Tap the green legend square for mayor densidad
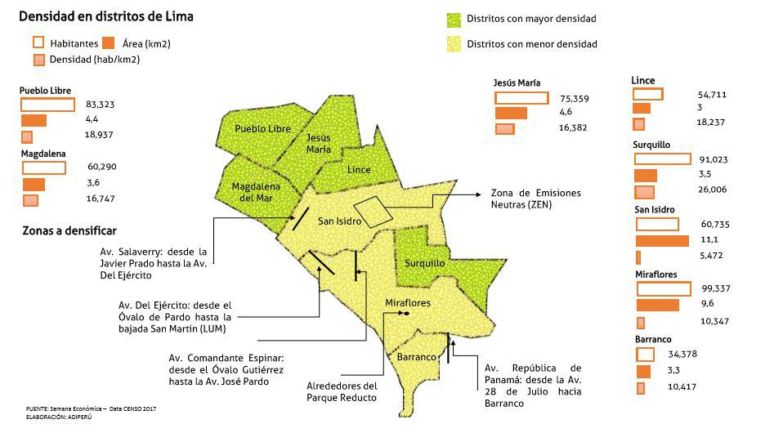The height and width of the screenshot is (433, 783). (454, 19)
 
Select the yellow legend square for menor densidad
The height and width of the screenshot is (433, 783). (454, 44)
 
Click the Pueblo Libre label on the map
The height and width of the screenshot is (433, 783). (262, 129)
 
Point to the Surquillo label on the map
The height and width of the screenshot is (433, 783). (425, 263)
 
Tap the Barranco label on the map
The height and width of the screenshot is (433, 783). (415, 357)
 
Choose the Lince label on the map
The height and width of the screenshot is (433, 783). (359, 170)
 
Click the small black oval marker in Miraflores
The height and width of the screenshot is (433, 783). (406, 314)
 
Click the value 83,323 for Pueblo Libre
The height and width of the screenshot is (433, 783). (100, 105)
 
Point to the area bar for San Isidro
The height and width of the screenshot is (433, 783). (662, 240)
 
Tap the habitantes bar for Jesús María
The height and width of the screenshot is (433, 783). (521, 98)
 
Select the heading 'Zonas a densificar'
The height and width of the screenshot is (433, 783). (69, 231)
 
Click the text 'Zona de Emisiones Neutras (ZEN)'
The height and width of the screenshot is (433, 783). (535, 199)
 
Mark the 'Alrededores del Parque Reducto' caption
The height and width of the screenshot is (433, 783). (342, 391)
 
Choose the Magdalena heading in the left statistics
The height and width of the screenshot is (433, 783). (43, 153)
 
